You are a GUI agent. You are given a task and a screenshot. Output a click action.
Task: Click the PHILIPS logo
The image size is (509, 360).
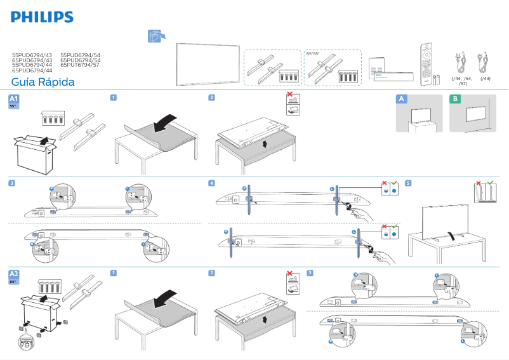(x=43, y=17)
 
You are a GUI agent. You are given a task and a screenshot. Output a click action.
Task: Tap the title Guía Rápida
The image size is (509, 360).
(x=43, y=83)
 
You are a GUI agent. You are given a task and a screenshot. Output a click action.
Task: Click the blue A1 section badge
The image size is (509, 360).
(x=14, y=99)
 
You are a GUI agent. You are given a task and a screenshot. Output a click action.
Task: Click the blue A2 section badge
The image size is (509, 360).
(x=14, y=274)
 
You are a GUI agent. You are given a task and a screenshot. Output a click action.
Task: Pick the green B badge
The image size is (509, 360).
(x=455, y=99)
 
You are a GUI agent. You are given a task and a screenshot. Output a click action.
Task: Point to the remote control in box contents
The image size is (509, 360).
(x=424, y=62)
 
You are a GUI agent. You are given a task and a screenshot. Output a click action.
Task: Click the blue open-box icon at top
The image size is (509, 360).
(x=155, y=37)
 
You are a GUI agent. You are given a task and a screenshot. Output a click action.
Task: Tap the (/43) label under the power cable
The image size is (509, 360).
(x=485, y=78)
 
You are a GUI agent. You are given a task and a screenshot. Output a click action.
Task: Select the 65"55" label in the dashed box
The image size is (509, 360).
(x=312, y=54)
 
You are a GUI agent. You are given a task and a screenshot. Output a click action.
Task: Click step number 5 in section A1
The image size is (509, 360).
(x=408, y=183)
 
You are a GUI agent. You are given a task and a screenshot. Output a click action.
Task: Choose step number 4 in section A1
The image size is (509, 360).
(x=211, y=183)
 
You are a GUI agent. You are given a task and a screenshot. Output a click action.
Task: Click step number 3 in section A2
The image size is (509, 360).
(x=310, y=273)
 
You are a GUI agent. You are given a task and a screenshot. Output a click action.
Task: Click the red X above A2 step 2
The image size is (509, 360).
(x=290, y=274)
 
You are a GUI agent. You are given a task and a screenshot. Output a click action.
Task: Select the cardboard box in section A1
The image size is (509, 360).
(x=36, y=152)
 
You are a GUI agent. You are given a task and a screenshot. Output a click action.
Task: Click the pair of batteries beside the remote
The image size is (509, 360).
(x=438, y=79)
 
